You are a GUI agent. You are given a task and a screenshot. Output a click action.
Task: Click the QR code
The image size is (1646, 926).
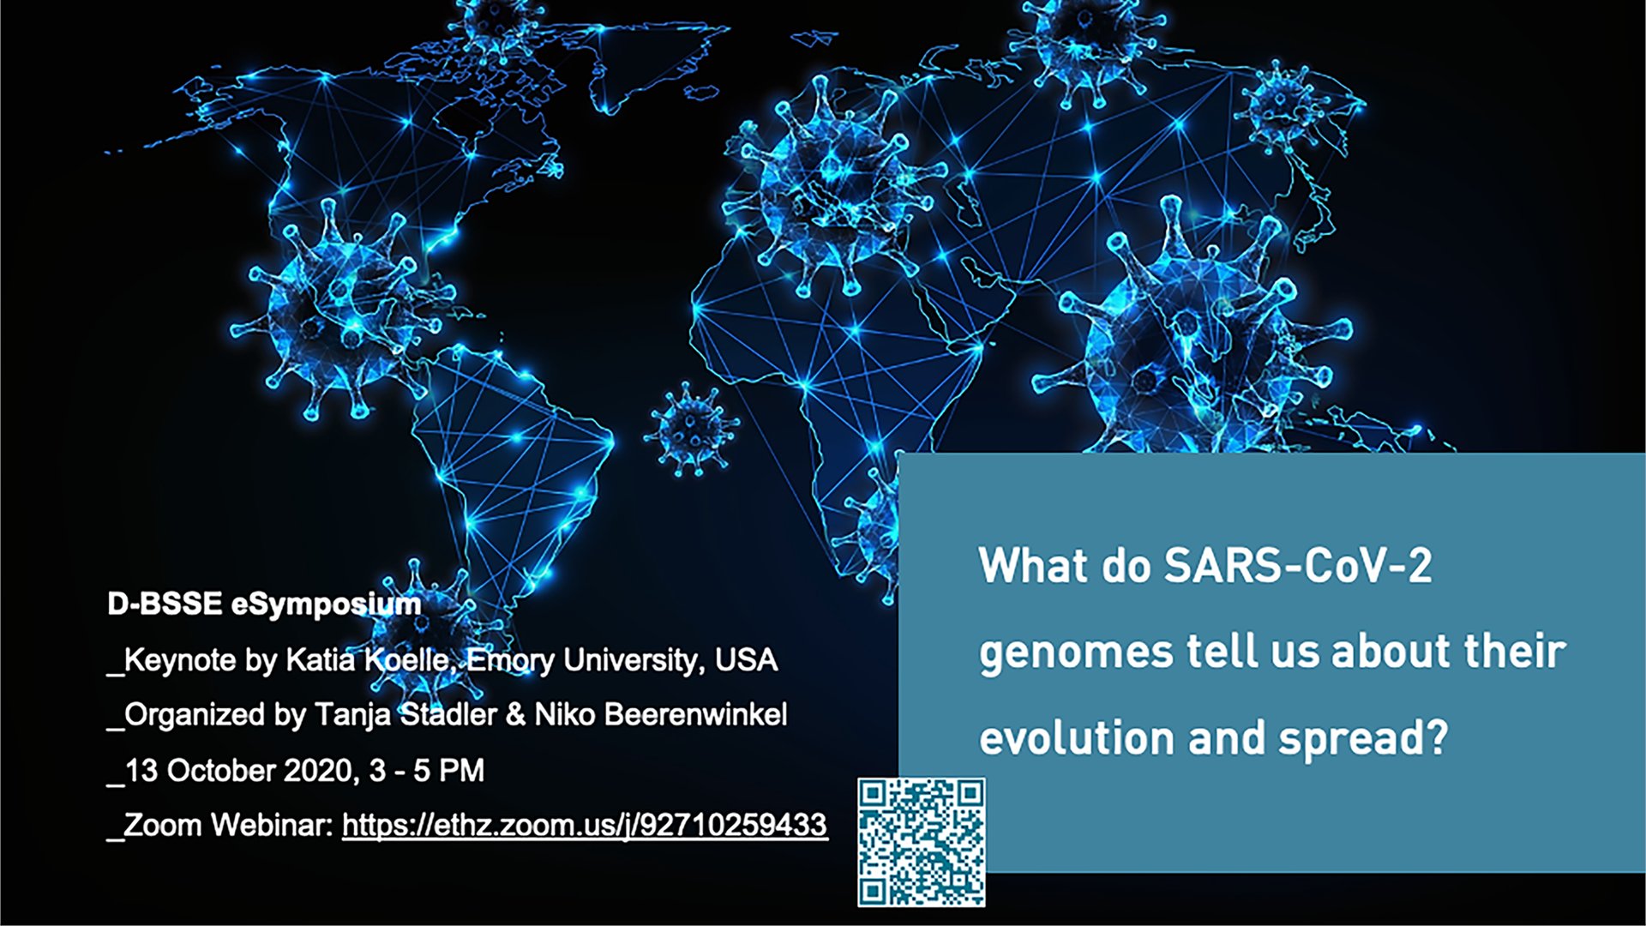(922, 842)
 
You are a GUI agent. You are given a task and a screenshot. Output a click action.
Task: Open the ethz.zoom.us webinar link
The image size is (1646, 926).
(585, 825)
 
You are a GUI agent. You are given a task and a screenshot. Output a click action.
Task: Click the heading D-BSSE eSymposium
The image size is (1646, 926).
(264, 604)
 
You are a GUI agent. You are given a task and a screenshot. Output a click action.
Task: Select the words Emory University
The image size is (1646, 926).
(586, 660)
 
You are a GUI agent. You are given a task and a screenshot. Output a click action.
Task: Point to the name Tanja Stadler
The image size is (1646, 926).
(405, 715)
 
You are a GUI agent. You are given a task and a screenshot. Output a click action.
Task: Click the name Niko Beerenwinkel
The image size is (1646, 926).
(661, 714)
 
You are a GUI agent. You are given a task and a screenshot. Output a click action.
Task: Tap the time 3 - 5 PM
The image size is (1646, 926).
(427, 770)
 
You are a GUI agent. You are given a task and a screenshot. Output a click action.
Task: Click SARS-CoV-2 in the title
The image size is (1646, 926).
(1298, 566)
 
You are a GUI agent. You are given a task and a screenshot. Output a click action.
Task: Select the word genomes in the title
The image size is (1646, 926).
(1076, 653)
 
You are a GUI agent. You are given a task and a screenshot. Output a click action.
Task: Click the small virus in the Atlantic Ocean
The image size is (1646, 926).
(691, 429)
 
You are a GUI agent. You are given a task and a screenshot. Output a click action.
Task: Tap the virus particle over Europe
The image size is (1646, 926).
(829, 184)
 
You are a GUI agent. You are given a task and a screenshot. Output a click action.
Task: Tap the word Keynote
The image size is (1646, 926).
(179, 660)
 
